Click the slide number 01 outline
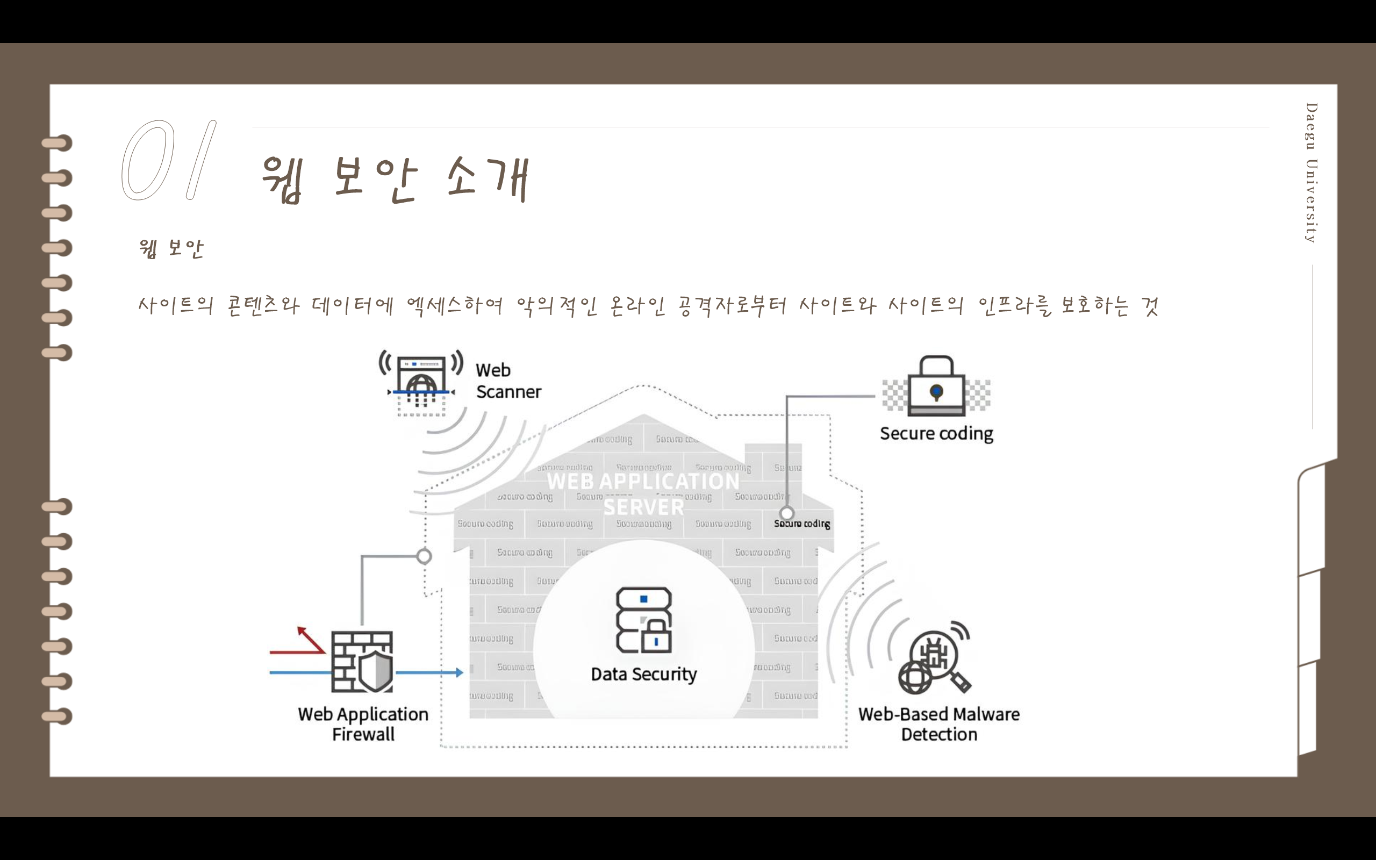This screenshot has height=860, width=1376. [x=168, y=160]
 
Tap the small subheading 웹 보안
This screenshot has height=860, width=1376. [x=170, y=248]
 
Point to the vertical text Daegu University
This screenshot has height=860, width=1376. [x=1311, y=173]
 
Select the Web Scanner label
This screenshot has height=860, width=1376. [x=508, y=381]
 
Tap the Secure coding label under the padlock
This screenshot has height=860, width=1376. [x=936, y=433]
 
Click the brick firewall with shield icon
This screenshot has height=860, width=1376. [x=362, y=662]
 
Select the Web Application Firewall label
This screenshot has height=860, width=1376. [x=363, y=724]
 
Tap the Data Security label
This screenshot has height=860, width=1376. [x=643, y=675]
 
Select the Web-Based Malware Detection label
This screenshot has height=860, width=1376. [x=939, y=724]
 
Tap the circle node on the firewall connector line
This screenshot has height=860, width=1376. [x=424, y=556]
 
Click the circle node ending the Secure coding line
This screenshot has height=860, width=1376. [x=786, y=514]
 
